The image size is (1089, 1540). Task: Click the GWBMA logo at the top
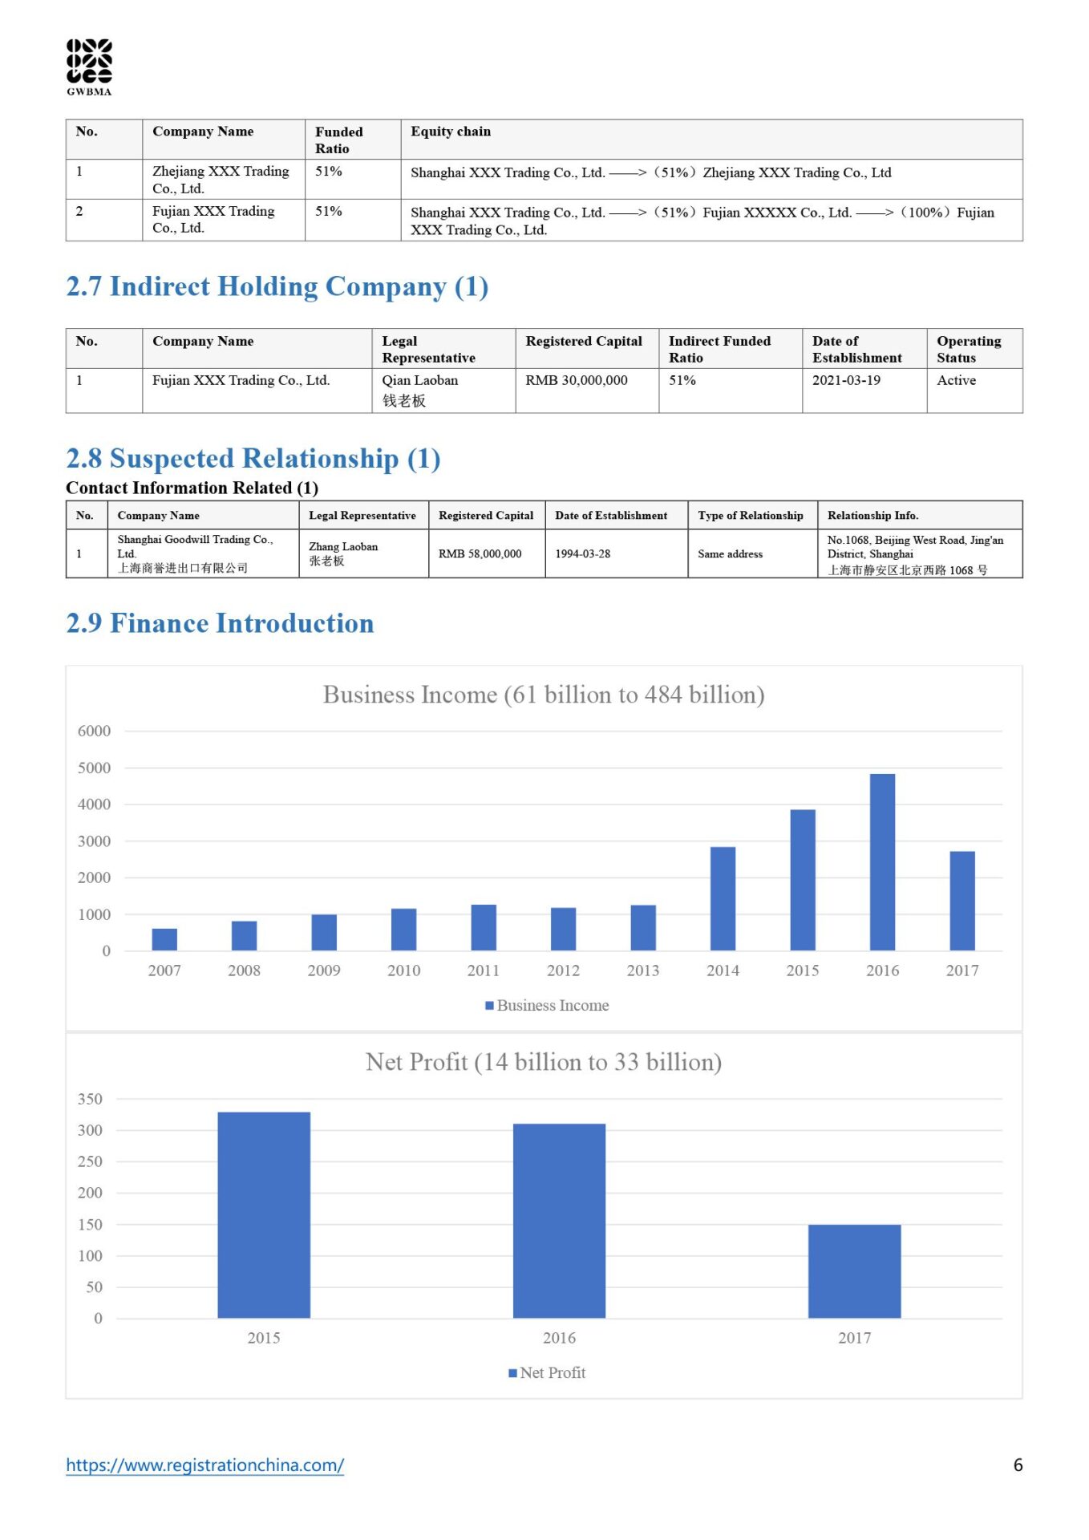click(89, 67)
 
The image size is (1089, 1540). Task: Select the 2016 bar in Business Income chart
click(882, 862)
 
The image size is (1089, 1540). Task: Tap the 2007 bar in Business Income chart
click(164, 938)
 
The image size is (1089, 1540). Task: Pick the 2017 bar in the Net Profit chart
click(854, 1271)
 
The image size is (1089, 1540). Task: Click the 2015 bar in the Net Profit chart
click(264, 1215)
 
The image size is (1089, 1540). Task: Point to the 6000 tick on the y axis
click(94, 731)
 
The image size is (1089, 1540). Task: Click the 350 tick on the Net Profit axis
click(90, 1099)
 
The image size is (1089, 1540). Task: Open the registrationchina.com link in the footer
click(204, 1465)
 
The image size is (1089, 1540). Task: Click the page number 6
click(1018, 1465)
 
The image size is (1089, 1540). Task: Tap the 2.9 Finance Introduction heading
click(220, 623)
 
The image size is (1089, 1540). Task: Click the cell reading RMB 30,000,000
click(577, 380)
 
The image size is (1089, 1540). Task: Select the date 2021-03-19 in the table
click(846, 380)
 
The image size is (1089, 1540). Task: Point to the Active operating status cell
click(956, 380)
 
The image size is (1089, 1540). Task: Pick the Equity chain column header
click(451, 132)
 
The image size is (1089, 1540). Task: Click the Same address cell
click(730, 553)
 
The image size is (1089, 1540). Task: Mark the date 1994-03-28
click(582, 553)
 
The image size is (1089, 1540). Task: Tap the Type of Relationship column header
click(750, 515)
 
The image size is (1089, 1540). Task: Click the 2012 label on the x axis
click(563, 971)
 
